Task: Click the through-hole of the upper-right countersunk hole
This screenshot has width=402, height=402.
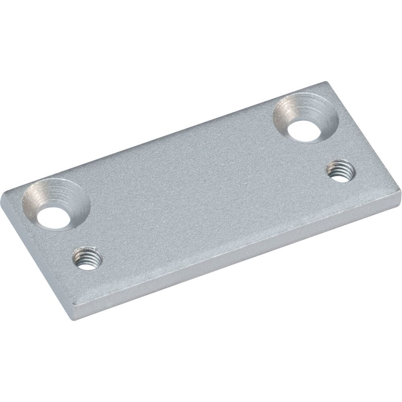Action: (x=303, y=130)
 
